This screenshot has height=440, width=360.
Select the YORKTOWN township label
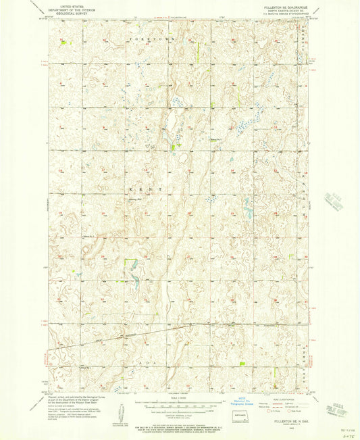142,42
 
